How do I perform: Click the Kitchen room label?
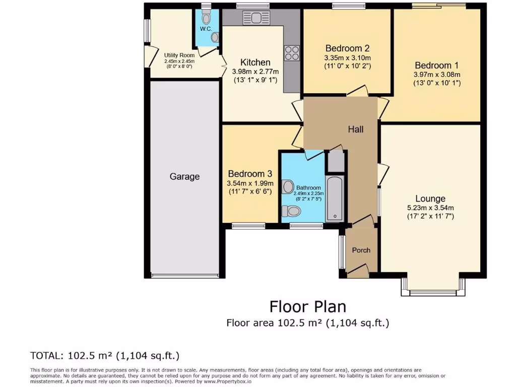[255, 62]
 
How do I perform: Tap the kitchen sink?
[256, 18]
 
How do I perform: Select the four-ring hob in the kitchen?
[292, 53]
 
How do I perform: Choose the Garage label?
[184, 176]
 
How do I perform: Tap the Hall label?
[356, 130]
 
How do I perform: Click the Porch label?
[361, 250]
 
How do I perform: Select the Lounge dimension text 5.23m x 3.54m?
[430, 208]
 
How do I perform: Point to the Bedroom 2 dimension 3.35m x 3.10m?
[348, 57]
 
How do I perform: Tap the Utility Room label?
[179, 55]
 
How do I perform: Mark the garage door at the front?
[184, 276]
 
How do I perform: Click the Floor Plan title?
[307, 306]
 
